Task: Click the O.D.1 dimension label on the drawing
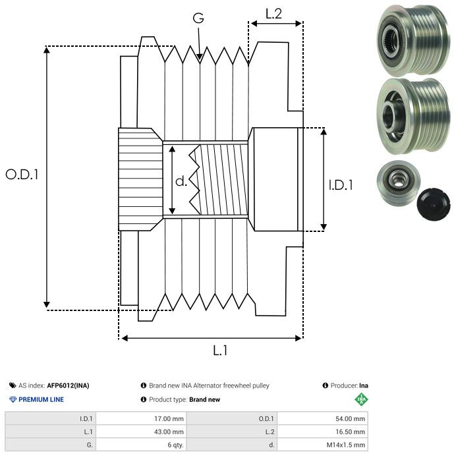(x=22, y=175)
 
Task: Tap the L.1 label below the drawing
(x=221, y=351)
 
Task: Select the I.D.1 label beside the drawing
(x=341, y=186)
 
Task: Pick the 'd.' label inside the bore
(x=181, y=181)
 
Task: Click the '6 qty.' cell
(x=175, y=445)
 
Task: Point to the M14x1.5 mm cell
(x=345, y=445)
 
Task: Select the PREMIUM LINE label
(x=42, y=399)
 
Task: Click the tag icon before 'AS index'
(x=13, y=385)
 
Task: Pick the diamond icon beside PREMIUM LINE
(x=13, y=399)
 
